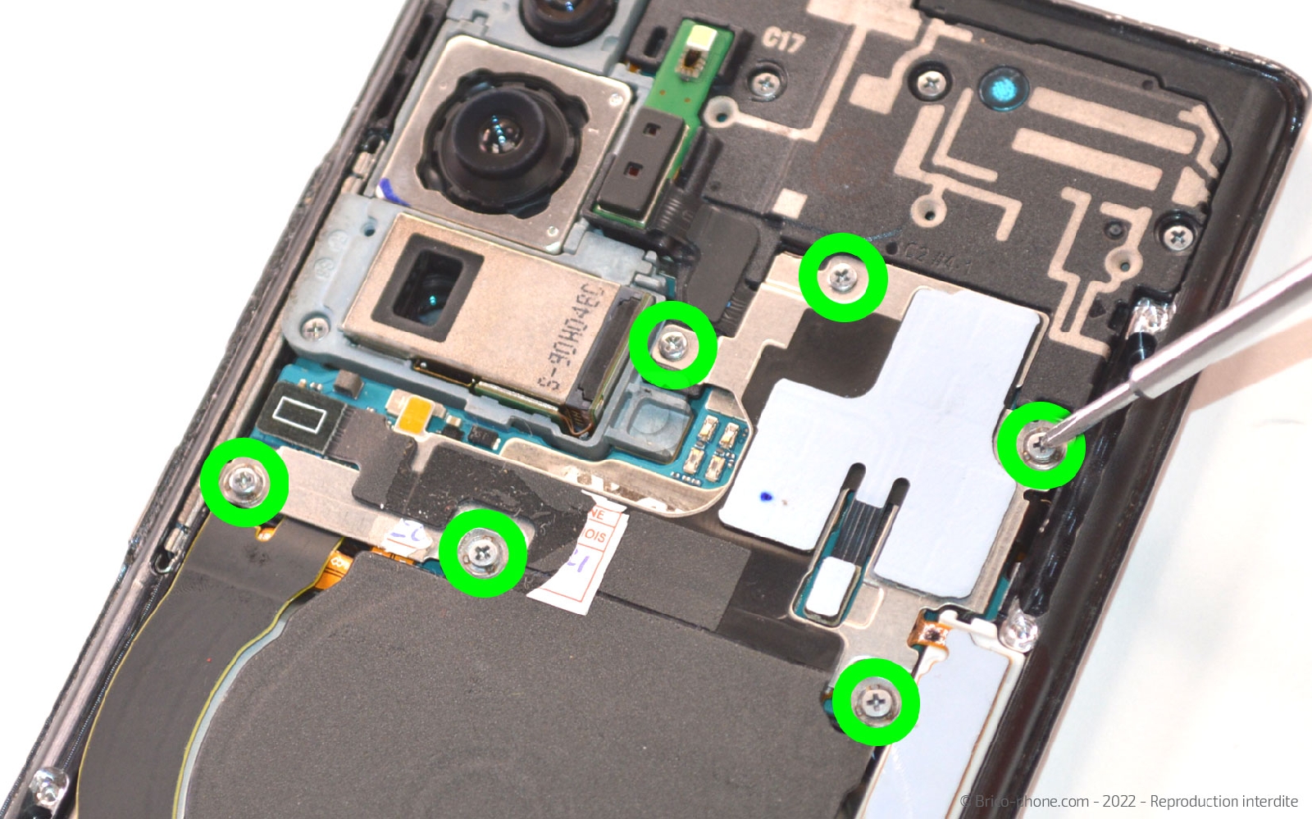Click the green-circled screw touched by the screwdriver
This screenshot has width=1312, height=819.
tap(1039, 445)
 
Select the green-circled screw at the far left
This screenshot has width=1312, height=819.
tap(244, 482)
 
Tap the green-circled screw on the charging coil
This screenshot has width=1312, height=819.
tap(482, 551)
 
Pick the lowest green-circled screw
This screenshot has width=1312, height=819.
tap(876, 702)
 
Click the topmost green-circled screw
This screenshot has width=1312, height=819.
tap(842, 277)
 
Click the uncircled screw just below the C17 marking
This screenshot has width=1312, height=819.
tap(765, 83)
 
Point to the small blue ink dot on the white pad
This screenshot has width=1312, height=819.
tap(766, 496)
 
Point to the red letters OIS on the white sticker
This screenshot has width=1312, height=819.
tap(595, 536)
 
